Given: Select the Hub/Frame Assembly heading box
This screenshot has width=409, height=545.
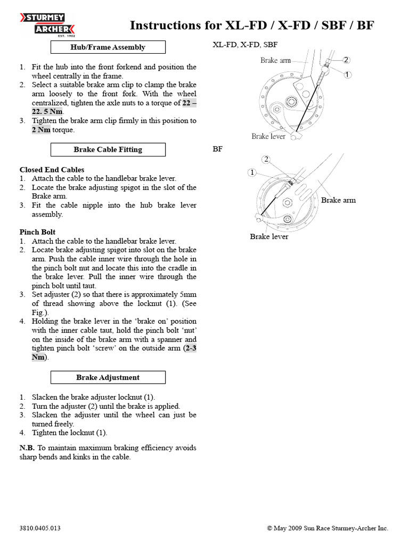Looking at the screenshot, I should coord(108,47).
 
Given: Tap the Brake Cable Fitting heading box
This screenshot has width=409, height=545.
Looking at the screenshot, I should coord(108,150).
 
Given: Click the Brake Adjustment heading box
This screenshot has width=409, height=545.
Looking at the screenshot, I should coord(108,377).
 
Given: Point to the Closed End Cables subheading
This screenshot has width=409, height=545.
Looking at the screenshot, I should coord(52,170).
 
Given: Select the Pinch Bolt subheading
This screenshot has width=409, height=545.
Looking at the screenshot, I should coord(37,232).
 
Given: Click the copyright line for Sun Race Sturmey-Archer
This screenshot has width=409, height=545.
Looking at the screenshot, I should coord(328,529).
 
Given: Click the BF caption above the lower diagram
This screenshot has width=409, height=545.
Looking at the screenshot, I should coord(217,150).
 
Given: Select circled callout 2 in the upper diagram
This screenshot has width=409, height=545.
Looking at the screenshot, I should coord(347,60).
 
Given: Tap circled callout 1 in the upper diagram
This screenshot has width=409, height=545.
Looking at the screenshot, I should coord(347,75).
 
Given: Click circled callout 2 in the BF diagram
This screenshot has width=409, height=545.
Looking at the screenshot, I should coord(266,159).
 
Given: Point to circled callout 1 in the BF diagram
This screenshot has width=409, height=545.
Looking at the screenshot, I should coord(252,172).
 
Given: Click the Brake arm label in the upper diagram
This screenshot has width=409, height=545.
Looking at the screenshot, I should coord(275,60).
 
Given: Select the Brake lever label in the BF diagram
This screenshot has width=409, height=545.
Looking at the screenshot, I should coord(269,236).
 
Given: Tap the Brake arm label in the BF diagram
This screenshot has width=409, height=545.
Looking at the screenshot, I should coord(338,200).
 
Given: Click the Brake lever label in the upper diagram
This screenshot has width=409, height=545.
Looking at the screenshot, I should coord(268,136).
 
